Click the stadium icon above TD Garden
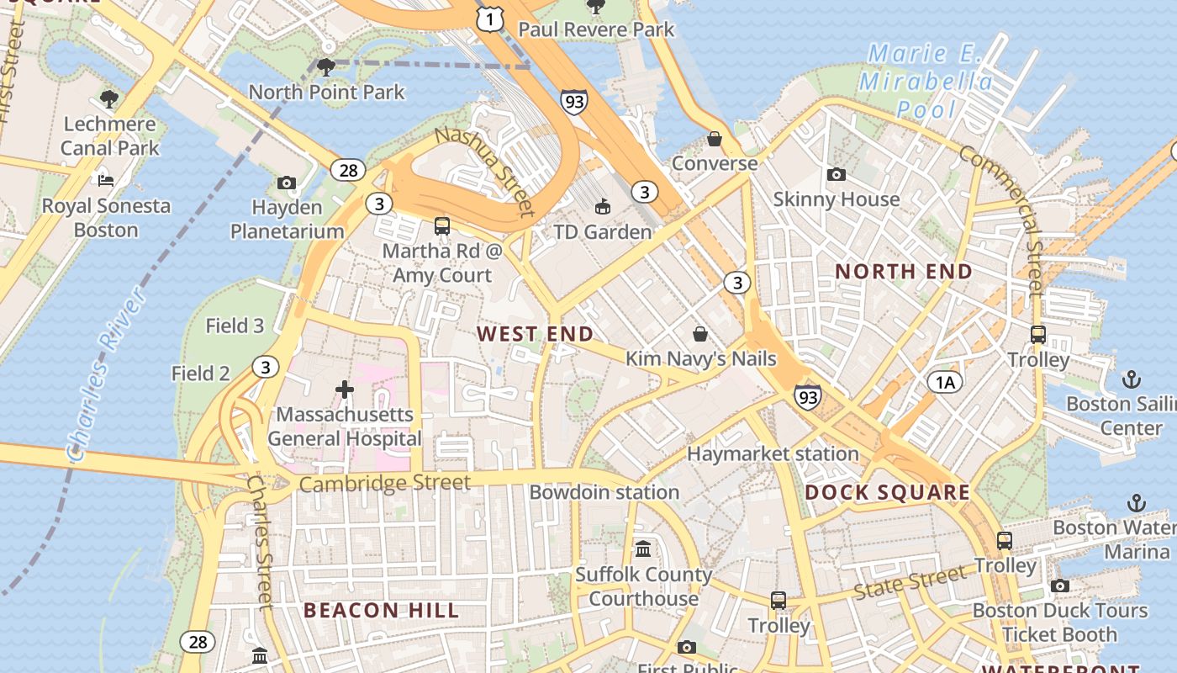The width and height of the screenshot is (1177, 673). coord(602,206)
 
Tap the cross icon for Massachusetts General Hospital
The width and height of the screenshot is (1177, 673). coord(344,389)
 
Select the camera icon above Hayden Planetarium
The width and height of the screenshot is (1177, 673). coord(287,183)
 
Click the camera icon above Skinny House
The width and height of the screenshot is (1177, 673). coord(836,174)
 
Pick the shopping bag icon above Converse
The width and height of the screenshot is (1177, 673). coord(715,139)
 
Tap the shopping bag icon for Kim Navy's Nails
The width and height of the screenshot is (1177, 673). coord(699,334)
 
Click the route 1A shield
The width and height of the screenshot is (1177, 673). coord(945,383)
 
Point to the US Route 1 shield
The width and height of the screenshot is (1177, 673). coord(489,19)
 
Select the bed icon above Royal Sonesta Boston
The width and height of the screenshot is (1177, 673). coord(106,180)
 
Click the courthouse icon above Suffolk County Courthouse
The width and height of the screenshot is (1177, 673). coord(643,548)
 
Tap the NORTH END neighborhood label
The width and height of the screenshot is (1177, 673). coord(904,272)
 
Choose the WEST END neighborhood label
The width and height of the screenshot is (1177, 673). coord(536,334)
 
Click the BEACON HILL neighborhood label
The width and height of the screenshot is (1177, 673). coord(381,610)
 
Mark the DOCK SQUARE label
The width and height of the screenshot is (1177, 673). coord(888,492)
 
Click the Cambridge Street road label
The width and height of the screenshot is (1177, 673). coord(384,484)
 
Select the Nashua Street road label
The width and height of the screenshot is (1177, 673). coord(485,172)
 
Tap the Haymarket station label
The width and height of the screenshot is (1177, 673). coord(773,454)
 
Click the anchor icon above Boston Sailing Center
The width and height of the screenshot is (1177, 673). coord(1131,379)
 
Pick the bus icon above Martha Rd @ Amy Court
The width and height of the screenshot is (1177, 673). coord(442,225)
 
